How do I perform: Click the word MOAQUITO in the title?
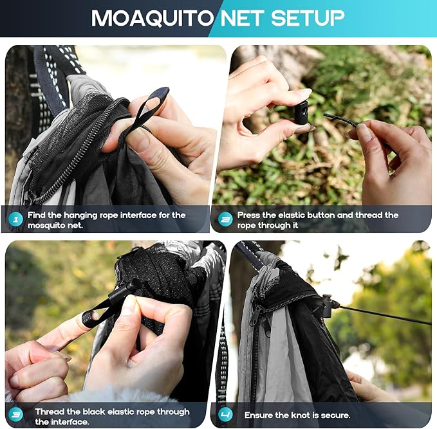[x=153, y=18]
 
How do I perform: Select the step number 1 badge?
[x=16, y=219]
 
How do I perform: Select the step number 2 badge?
[x=225, y=219]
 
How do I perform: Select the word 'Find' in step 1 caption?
[x=37, y=215]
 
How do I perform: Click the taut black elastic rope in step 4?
[x=386, y=314]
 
